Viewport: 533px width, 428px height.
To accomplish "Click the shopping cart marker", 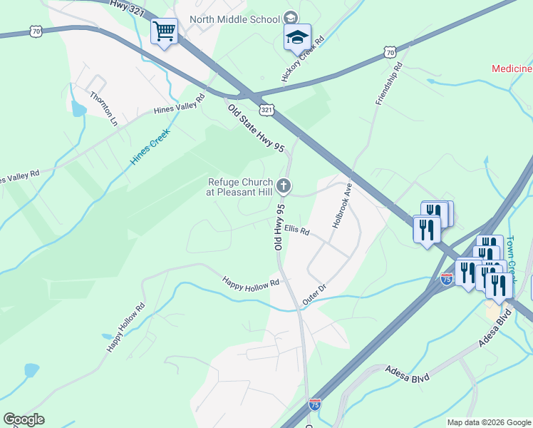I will (165, 31).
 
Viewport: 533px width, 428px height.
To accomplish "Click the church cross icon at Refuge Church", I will (284, 187).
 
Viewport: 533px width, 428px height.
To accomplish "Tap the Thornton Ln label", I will (103, 107).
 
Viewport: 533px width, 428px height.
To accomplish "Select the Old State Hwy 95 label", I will (256, 128).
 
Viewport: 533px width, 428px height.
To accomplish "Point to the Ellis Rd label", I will (296, 230).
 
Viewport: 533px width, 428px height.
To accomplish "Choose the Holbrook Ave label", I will (343, 206).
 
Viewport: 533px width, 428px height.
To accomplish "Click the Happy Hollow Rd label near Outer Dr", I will (249, 283).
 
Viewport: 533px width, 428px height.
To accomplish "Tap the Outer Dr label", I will (314, 295).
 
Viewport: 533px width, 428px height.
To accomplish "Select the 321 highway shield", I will (266, 110).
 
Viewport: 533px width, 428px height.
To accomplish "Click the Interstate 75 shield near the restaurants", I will (447, 277).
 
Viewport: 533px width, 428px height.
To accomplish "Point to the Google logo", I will (24, 419).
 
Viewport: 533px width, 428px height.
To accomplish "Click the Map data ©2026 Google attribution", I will (489, 422).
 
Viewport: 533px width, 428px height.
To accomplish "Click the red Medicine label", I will (512, 68).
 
